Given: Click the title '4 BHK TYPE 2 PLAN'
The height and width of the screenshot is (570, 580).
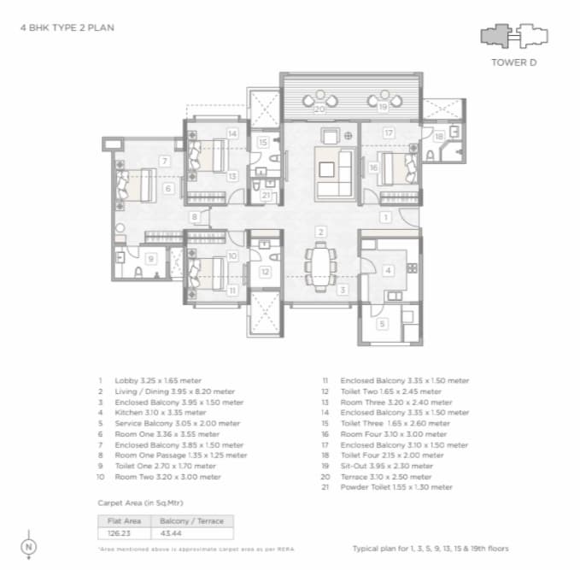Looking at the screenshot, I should [x=67, y=28].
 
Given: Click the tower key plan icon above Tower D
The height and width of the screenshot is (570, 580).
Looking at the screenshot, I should [x=513, y=36].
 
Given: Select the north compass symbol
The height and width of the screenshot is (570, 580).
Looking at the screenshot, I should [x=30, y=544].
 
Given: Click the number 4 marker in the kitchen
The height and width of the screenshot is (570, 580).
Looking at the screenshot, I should [x=388, y=271].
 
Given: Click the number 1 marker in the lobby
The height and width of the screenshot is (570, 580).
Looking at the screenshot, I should [x=386, y=218].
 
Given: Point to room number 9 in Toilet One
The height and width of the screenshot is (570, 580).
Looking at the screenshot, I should [x=150, y=259].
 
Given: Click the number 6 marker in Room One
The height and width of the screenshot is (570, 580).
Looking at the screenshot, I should [x=167, y=189].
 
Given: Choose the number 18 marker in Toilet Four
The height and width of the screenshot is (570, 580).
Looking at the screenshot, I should [x=438, y=136].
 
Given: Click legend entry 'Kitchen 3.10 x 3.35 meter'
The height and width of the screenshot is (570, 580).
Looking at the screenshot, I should [x=151, y=411].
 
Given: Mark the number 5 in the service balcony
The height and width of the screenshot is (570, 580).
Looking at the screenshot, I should [x=382, y=323].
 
